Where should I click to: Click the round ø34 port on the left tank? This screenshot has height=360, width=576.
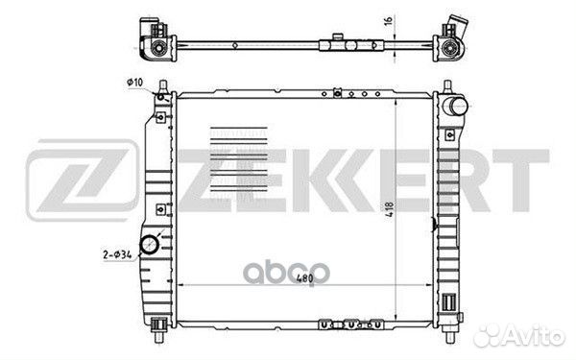click(150, 247)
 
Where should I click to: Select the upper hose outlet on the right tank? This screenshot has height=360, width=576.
click(454, 104)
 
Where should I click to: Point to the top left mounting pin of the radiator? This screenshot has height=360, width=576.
click(169, 88)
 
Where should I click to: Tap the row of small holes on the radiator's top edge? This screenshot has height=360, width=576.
click(355, 93)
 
